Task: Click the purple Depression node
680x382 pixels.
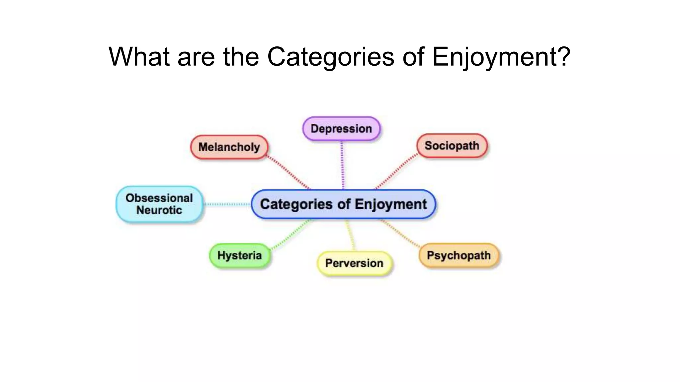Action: click(x=341, y=129)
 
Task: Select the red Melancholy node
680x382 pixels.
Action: click(x=229, y=147)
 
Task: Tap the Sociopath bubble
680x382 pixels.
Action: click(x=452, y=146)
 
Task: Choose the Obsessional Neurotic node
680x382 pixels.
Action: click(x=159, y=204)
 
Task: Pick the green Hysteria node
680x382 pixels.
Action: click(x=240, y=255)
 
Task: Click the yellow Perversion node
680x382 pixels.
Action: click(x=354, y=263)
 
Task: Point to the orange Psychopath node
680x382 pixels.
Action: click(x=459, y=255)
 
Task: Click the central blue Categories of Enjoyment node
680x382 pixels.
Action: click(x=343, y=204)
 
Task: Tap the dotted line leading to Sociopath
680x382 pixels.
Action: click(x=396, y=171)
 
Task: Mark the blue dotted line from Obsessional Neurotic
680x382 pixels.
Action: click(x=227, y=204)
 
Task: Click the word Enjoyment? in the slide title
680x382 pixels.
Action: click(x=501, y=56)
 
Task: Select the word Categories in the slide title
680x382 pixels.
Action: click(x=330, y=56)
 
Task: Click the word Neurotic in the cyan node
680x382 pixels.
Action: click(x=159, y=210)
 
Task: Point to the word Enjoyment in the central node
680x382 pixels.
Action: click(x=390, y=204)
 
